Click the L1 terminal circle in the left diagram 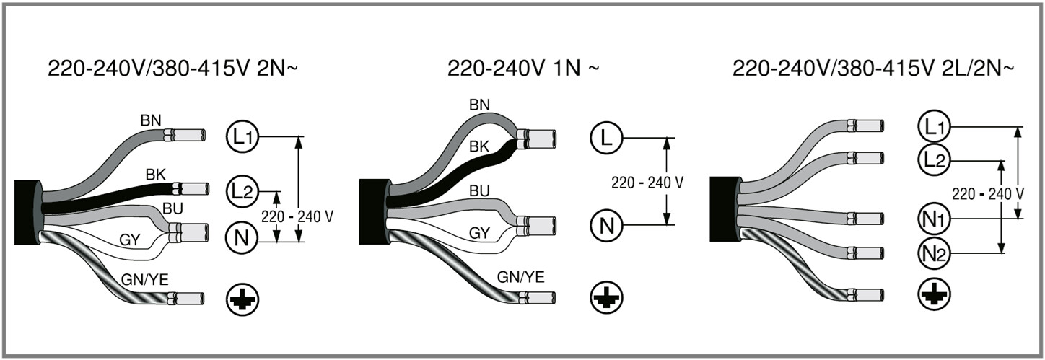[x=241, y=136]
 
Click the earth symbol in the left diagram [x=242, y=298]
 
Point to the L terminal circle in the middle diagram [x=605, y=136]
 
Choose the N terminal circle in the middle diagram [x=605, y=225]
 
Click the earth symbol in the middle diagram [x=605, y=297]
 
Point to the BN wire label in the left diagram [x=151, y=119]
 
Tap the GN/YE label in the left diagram [x=144, y=279]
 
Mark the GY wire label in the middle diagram [x=480, y=233]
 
